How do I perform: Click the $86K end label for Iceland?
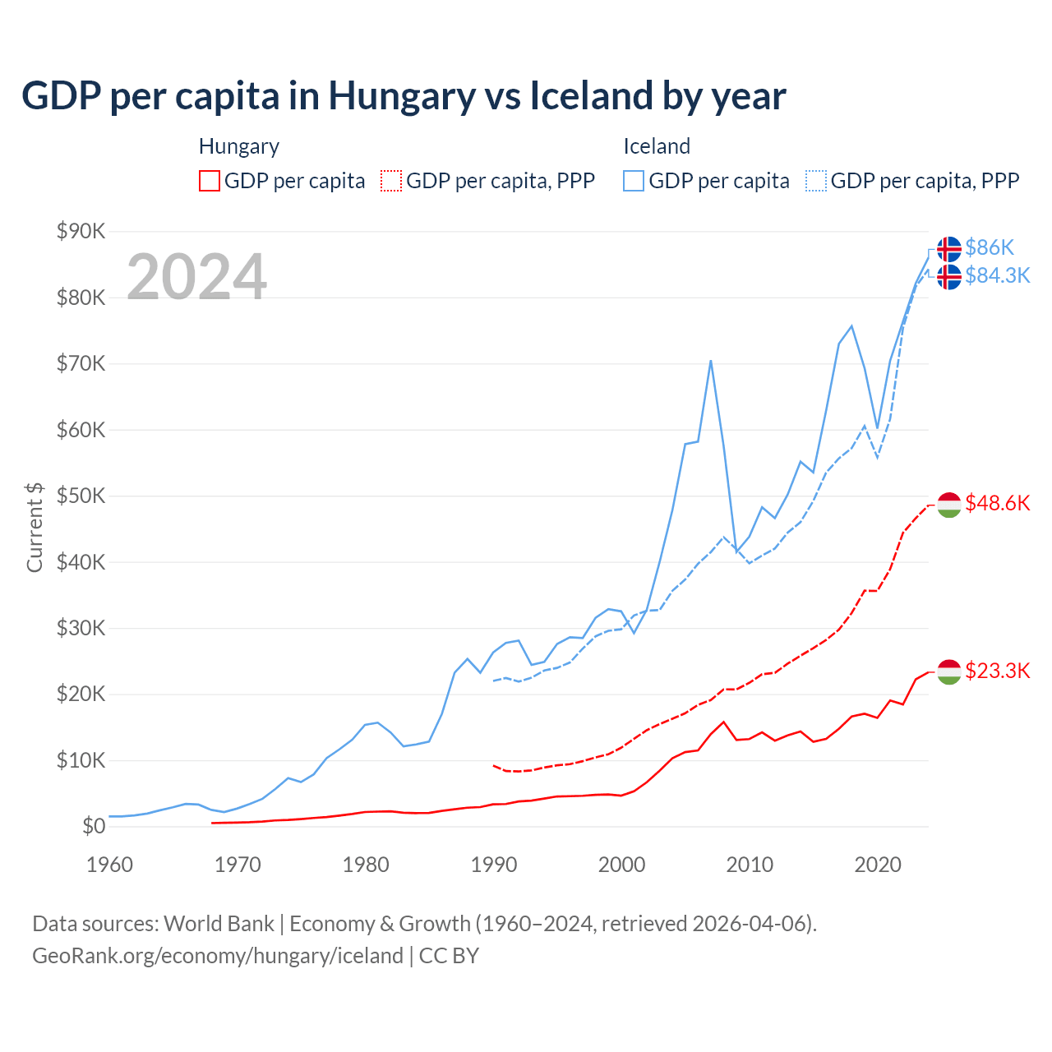click(990, 247)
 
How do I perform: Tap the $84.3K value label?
click(997, 275)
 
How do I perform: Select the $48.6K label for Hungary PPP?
click(997, 503)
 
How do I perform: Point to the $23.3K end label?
click(997, 671)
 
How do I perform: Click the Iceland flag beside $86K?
click(949, 248)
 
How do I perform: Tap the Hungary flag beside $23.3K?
click(949, 671)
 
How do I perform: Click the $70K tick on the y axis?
click(81, 363)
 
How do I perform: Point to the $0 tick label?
click(94, 826)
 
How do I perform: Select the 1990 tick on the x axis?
click(493, 865)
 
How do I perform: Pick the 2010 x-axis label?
click(750, 865)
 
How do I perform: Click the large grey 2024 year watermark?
click(196, 277)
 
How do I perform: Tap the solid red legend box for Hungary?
click(210, 181)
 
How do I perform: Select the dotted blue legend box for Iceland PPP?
click(816, 181)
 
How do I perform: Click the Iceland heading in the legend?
click(657, 146)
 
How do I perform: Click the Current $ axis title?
click(35, 527)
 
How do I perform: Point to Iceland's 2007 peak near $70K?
click(711, 361)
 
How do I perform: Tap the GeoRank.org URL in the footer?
click(218, 956)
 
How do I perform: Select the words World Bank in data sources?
click(219, 924)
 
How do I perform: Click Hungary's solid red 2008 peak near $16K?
click(723, 722)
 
